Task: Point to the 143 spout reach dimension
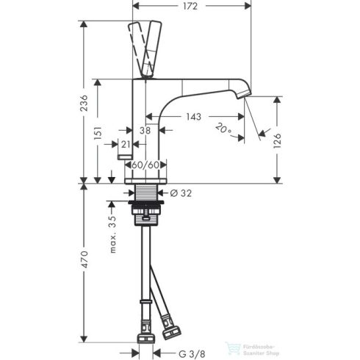[194, 117]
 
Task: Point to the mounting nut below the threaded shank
[149, 215]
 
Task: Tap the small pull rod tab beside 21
[123, 158]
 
